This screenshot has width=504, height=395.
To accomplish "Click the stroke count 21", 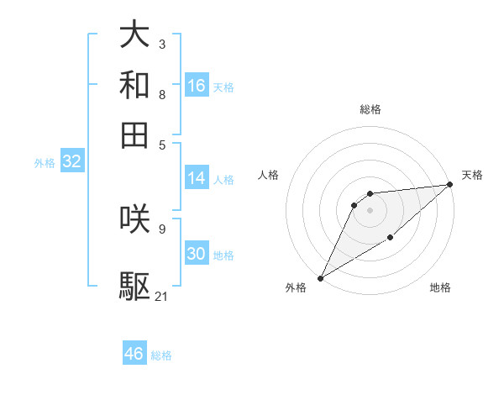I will [x=162, y=296].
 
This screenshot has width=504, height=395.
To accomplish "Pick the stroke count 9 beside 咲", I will [x=162, y=228].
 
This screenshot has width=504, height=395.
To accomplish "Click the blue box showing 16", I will [x=197, y=86].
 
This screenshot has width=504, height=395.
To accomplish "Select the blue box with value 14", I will [x=197, y=178].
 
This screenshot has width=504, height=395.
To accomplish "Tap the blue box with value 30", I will [x=197, y=254].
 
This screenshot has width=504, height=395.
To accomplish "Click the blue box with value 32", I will [x=71, y=162].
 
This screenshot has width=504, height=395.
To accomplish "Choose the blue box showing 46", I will [x=134, y=354].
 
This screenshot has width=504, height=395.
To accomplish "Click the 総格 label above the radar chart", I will [x=370, y=109].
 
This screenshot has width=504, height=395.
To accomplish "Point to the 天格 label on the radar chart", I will [x=472, y=175].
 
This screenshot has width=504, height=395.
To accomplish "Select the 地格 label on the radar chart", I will [x=440, y=287].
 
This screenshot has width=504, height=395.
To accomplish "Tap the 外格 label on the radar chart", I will [x=296, y=287].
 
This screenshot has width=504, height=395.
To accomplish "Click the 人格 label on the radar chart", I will [x=269, y=175].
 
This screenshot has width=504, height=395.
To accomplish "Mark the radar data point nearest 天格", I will [x=450, y=185].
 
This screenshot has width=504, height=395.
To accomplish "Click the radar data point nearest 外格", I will [x=320, y=277].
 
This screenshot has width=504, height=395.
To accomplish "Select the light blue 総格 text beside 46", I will [x=161, y=355].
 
